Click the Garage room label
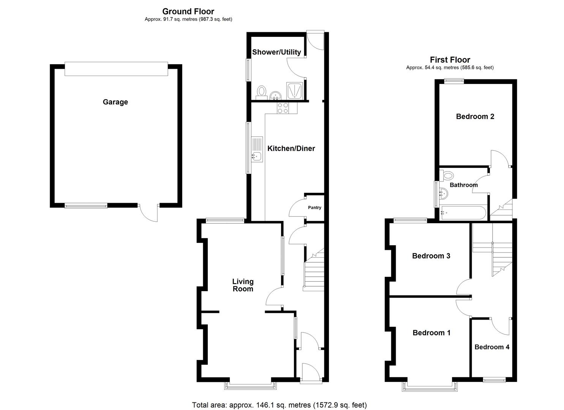[x=115, y=102]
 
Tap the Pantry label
[x=314, y=208]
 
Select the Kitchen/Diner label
[x=291, y=148]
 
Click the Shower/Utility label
[x=276, y=52]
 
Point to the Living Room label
[x=243, y=285]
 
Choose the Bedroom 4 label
[x=492, y=347]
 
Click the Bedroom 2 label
[x=475, y=117]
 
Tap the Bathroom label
[x=463, y=185]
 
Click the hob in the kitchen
[x=283, y=108]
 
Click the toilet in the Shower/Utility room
[x=262, y=92]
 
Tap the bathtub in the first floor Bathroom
[x=463, y=213]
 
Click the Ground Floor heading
[x=188, y=11]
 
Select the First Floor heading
[x=450, y=60]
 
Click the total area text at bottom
[x=279, y=405]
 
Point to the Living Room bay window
[x=250, y=386]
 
